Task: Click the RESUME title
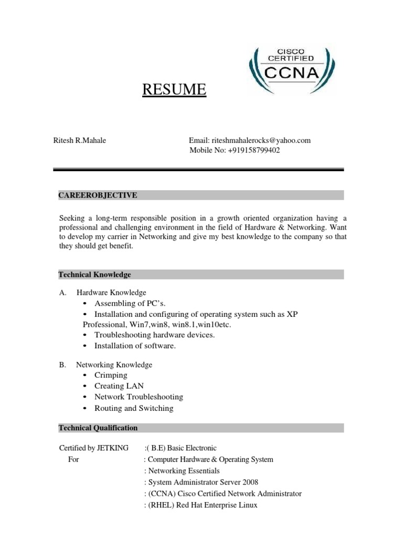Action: tap(174, 90)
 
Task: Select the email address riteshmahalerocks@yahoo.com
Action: tap(261, 140)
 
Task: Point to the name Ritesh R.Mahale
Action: tap(80, 140)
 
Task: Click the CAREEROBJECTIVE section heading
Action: tap(98, 195)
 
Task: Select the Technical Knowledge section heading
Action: tap(94, 275)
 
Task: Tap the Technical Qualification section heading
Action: tap(98, 428)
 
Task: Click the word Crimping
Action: tap(111, 375)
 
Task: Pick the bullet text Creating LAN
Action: tap(119, 386)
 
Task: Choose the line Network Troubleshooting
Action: tap(139, 397)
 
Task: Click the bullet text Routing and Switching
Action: tap(134, 408)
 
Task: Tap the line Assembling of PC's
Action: tap(126, 304)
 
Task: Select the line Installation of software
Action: tap(135, 346)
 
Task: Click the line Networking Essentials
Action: tap(184, 471)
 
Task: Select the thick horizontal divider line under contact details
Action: tap(199, 170)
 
